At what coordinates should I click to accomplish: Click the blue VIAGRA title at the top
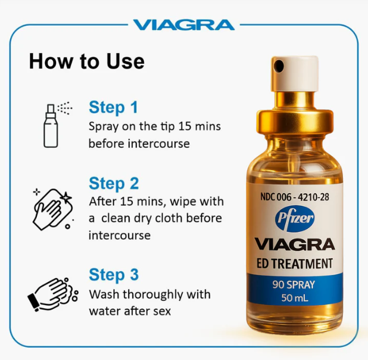[x=183, y=25]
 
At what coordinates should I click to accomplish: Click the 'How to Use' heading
[x=86, y=61]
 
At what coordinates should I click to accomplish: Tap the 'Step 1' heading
[x=113, y=107]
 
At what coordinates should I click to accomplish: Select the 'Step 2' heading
[x=114, y=183]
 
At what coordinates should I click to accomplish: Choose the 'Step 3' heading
[x=114, y=275]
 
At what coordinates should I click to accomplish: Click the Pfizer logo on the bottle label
[x=295, y=219]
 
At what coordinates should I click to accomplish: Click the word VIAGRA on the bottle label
[x=295, y=244]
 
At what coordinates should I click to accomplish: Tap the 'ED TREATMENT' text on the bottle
[x=295, y=263]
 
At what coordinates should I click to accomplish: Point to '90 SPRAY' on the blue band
[x=295, y=284]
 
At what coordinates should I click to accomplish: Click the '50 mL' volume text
[x=295, y=299]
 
